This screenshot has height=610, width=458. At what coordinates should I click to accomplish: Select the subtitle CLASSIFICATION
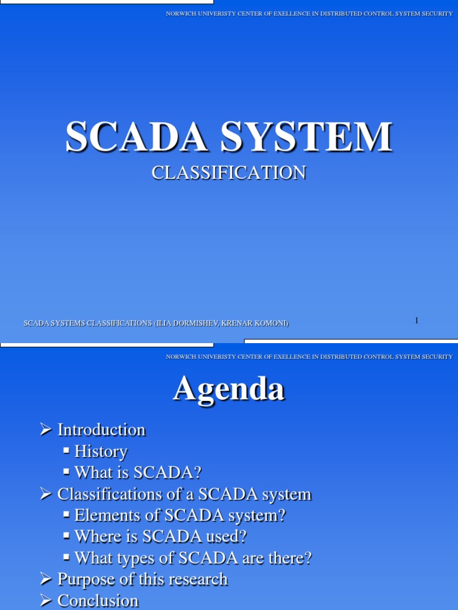click(229, 173)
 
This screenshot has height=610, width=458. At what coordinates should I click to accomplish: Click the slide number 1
click(416, 320)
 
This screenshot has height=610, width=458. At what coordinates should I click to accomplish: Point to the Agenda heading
click(229, 390)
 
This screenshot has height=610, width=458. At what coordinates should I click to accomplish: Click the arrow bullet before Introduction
click(46, 430)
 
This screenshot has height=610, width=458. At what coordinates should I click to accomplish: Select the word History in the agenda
click(101, 452)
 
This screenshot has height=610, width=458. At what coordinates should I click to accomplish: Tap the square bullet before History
click(67, 451)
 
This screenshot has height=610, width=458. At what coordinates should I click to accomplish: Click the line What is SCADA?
click(138, 472)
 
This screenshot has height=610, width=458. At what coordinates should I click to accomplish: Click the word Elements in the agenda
click(102, 515)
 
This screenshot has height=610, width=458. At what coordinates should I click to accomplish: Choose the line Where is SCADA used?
click(160, 537)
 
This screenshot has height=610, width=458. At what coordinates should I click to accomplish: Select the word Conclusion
click(98, 600)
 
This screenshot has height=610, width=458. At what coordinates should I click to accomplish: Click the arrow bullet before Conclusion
click(46, 600)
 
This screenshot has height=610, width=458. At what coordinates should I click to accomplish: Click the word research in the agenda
click(199, 579)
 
